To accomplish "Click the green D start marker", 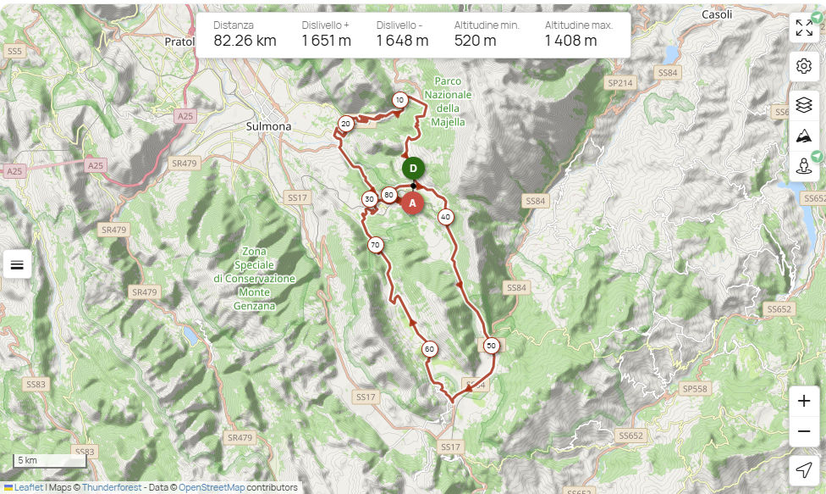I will [413, 168].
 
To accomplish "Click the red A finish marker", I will [412, 203].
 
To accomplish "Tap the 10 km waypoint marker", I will [399, 100].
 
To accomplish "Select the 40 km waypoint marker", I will [445, 217].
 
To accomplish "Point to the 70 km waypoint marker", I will [375, 246].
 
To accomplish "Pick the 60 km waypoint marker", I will [430, 349].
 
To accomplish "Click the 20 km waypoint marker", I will [345, 124].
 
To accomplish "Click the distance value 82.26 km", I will [245, 41].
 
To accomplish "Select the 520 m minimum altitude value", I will [475, 41].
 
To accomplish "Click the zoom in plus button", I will [804, 402].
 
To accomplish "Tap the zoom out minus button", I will [804, 432].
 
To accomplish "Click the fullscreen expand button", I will [804, 28].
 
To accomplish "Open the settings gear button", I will [804, 66].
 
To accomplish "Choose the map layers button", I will [804, 105].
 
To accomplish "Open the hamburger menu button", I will [17, 264].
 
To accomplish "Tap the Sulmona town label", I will [267, 126].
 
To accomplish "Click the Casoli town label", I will [716, 14].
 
